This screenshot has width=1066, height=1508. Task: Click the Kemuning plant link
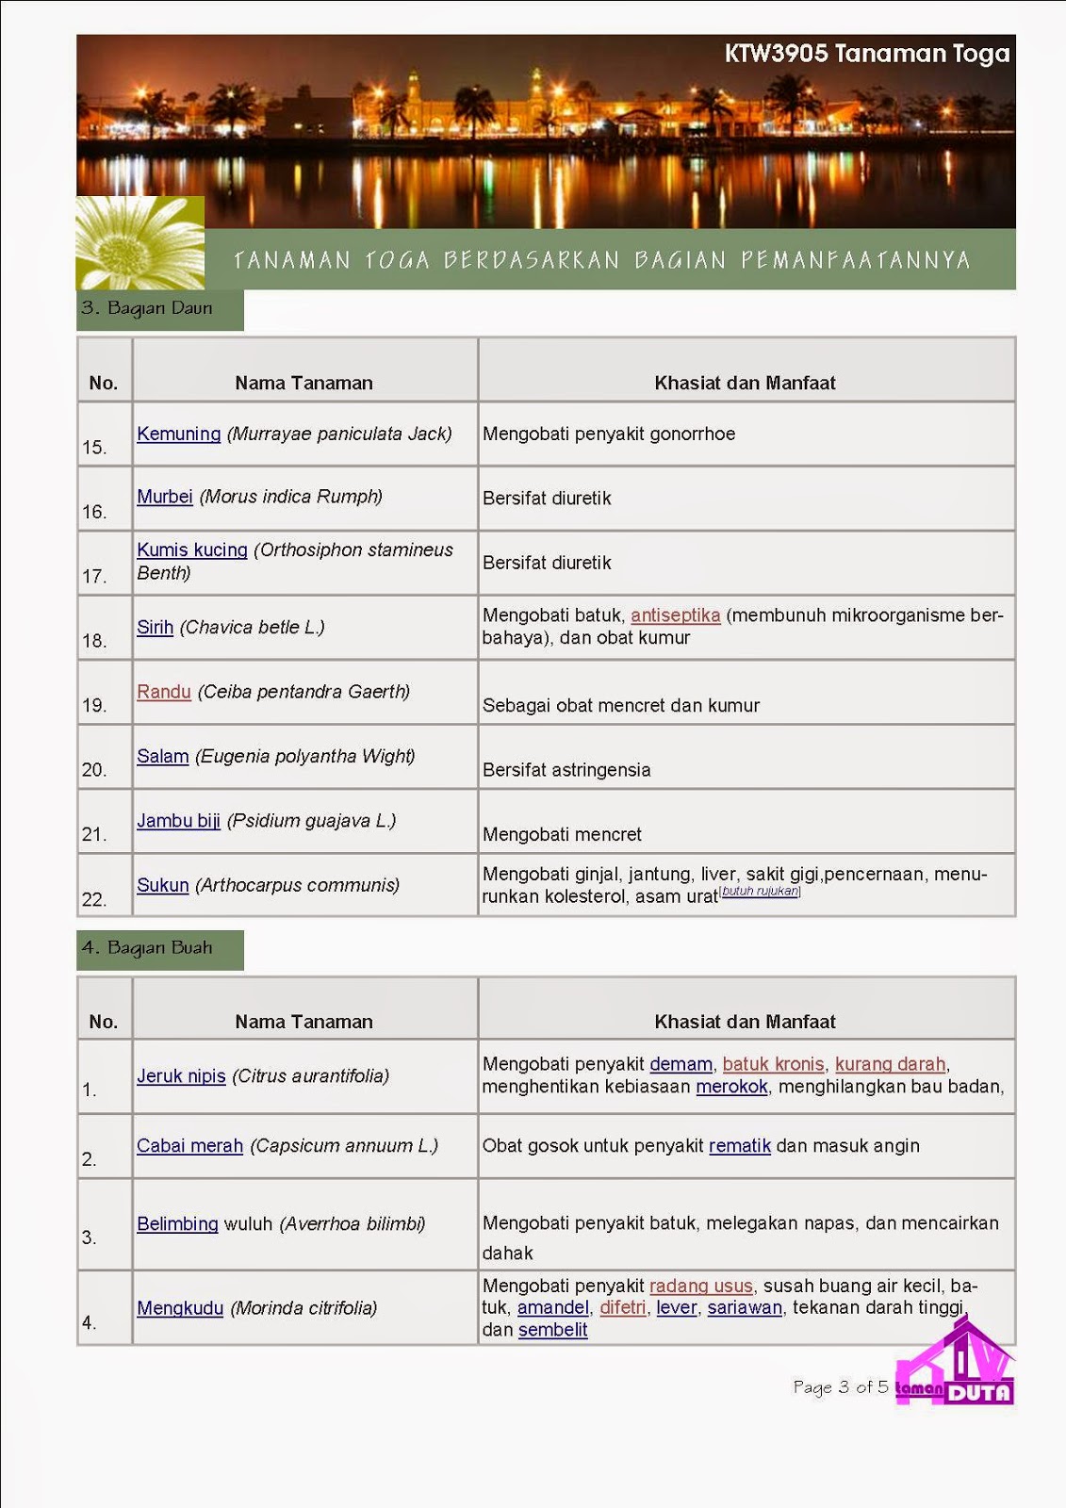178,434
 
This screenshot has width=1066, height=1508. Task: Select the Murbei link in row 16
164,497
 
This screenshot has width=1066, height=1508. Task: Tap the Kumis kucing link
192,549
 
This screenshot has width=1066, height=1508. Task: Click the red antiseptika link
675,615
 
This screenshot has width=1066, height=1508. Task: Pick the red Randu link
164,692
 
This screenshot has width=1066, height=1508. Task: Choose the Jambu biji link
178,821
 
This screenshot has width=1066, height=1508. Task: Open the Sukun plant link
163,885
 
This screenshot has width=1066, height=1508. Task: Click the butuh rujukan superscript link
760,891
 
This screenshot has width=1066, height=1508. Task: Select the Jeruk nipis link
181,1076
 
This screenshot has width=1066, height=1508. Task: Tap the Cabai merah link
189,1146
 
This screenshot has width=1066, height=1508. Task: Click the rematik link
740,1146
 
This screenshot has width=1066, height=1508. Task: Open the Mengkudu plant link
180,1308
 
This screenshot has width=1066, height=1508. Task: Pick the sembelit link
552,1330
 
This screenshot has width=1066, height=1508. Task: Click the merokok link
731,1087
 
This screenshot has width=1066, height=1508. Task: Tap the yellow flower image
140,243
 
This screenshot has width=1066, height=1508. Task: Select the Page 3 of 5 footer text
840,1387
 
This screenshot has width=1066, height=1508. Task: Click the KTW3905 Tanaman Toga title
866,54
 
